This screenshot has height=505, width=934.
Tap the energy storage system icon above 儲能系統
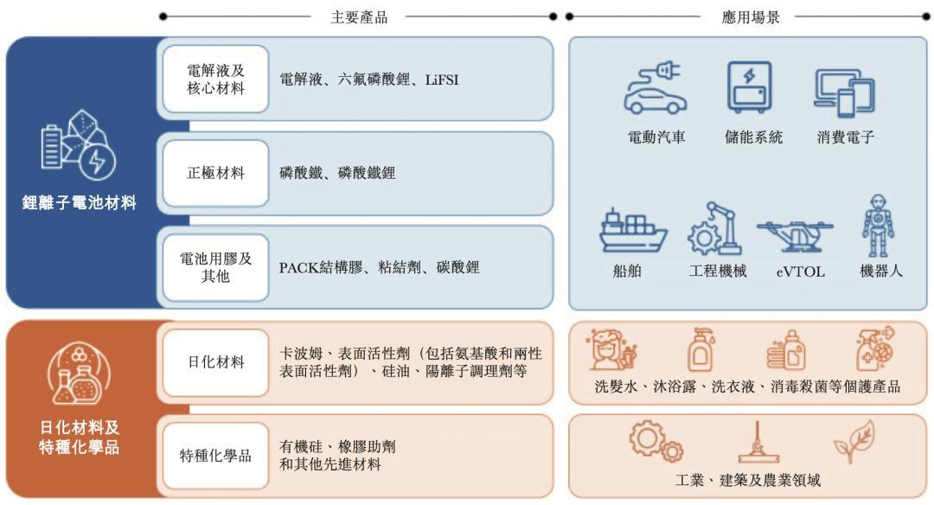pyautogui.click(x=749, y=87)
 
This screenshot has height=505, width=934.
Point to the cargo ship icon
pyautogui.click(x=632, y=230)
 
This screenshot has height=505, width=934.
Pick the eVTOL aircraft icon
pyautogui.click(x=796, y=234)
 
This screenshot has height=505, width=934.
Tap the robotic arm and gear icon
pyautogui.click(x=715, y=228)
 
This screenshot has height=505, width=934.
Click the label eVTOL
pyautogui.click(x=801, y=272)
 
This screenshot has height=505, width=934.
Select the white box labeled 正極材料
pyautogui.click(x=215, y=173)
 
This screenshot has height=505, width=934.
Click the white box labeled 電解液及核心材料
pyautogui.click(x=215, y=80)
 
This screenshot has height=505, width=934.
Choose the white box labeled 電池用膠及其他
pyautogui.click(x=215, y=267)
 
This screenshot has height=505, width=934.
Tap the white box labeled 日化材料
pyautogui.click(x=215, y=362)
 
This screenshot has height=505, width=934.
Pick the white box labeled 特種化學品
pyautogui.click(x=215, y=456)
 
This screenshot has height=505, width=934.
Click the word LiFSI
pyautogui.click(x=442, y=80)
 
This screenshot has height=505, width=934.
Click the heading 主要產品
pyautogui.click(x=359, y=17)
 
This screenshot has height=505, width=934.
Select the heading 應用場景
pyautogui.click(x=751, y=17)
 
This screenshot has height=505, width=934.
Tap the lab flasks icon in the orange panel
pyautogui.click(x=78, y=374)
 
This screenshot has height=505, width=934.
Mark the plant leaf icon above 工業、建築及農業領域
pyautogui.click(x=854, y=441)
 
